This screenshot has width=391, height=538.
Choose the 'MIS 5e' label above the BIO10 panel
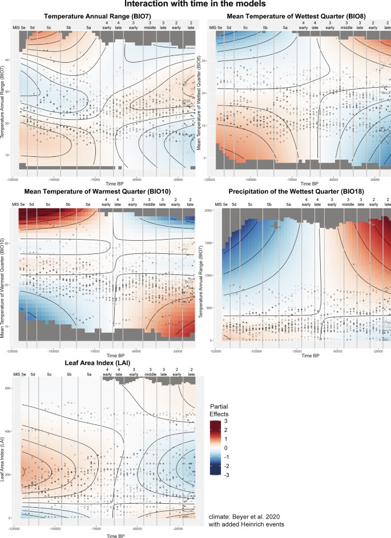20,203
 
